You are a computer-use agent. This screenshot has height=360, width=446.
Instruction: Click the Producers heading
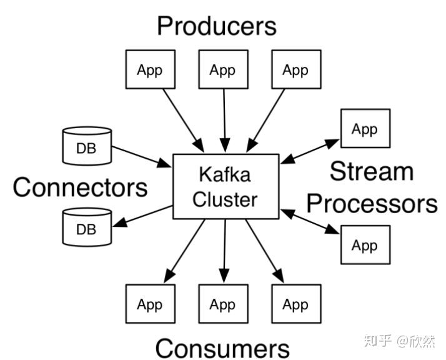[x=216, y=26]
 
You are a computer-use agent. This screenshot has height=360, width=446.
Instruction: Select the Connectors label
[x=80, y=187]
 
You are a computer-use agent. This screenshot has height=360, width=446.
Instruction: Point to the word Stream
[x=372, y=171]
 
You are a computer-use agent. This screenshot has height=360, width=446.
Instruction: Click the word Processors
[x=372, y=203]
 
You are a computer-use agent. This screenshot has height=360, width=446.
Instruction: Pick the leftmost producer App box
[x=149, y=70]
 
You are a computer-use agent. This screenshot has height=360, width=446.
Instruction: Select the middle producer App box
[x=222, y=70]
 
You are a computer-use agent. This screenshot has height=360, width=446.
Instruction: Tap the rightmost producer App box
[x=295, y=70]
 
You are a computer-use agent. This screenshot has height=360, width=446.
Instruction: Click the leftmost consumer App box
[x=149, y=304]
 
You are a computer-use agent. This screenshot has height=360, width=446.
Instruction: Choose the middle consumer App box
[x=222, y=304]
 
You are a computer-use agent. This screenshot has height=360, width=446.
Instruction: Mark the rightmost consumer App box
[x=295, y=304]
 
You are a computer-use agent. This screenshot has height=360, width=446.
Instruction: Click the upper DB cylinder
[x=87, y=146]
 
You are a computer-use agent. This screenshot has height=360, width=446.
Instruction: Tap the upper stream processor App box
[x=365, y=129]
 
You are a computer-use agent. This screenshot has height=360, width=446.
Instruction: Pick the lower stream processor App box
[x=365, y=245]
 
